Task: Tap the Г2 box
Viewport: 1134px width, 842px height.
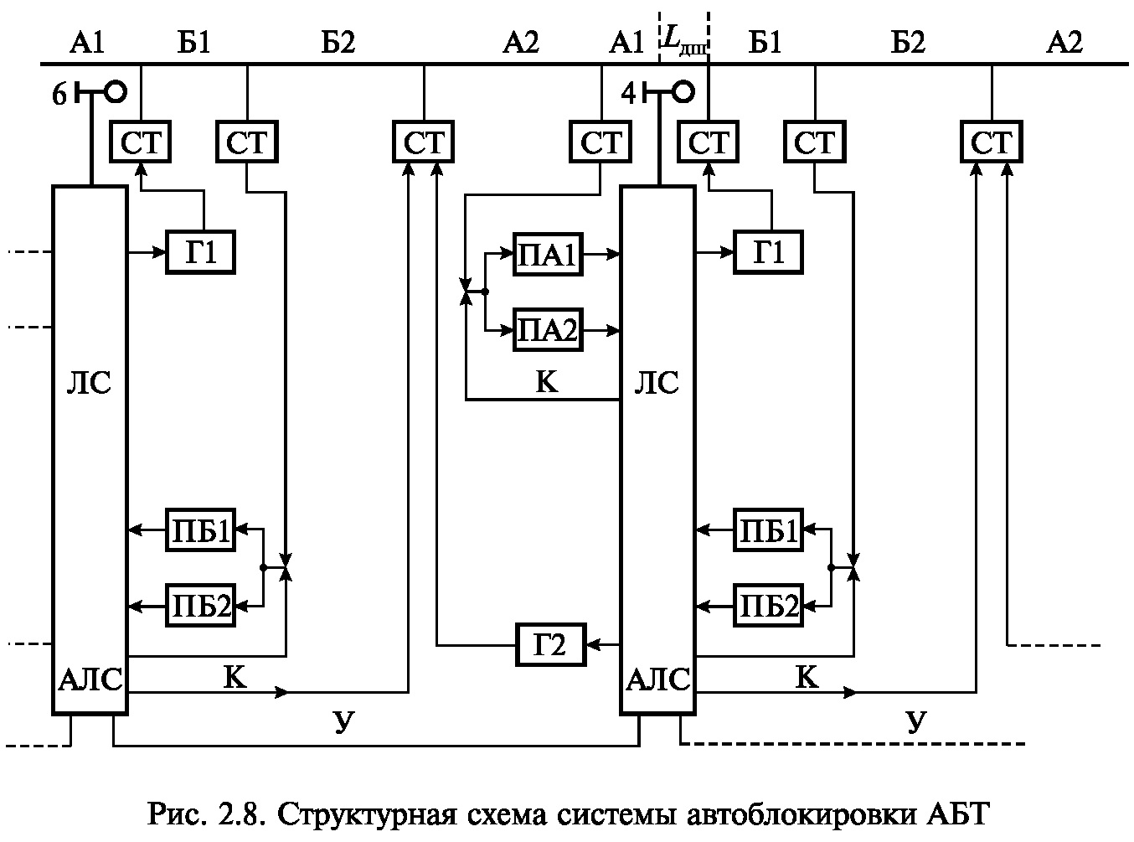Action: [550, 644]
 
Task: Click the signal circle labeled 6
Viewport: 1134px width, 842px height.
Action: [115, 92]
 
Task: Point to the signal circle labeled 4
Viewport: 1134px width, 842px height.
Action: [683, 92]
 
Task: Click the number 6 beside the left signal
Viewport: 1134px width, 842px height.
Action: [59, 96]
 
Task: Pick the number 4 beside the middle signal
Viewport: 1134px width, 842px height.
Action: [629, 94]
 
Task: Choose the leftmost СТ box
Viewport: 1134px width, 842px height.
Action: [140, 143]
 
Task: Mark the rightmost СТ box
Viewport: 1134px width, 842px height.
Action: [992, 143]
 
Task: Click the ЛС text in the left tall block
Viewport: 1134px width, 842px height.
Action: [90, 384]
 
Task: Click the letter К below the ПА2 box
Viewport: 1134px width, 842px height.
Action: [546, 382]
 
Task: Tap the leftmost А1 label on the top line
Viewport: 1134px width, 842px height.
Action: [86, 43]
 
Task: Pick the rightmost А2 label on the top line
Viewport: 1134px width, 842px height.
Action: [1064, 43]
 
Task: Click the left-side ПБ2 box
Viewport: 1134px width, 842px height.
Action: [201, 604]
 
